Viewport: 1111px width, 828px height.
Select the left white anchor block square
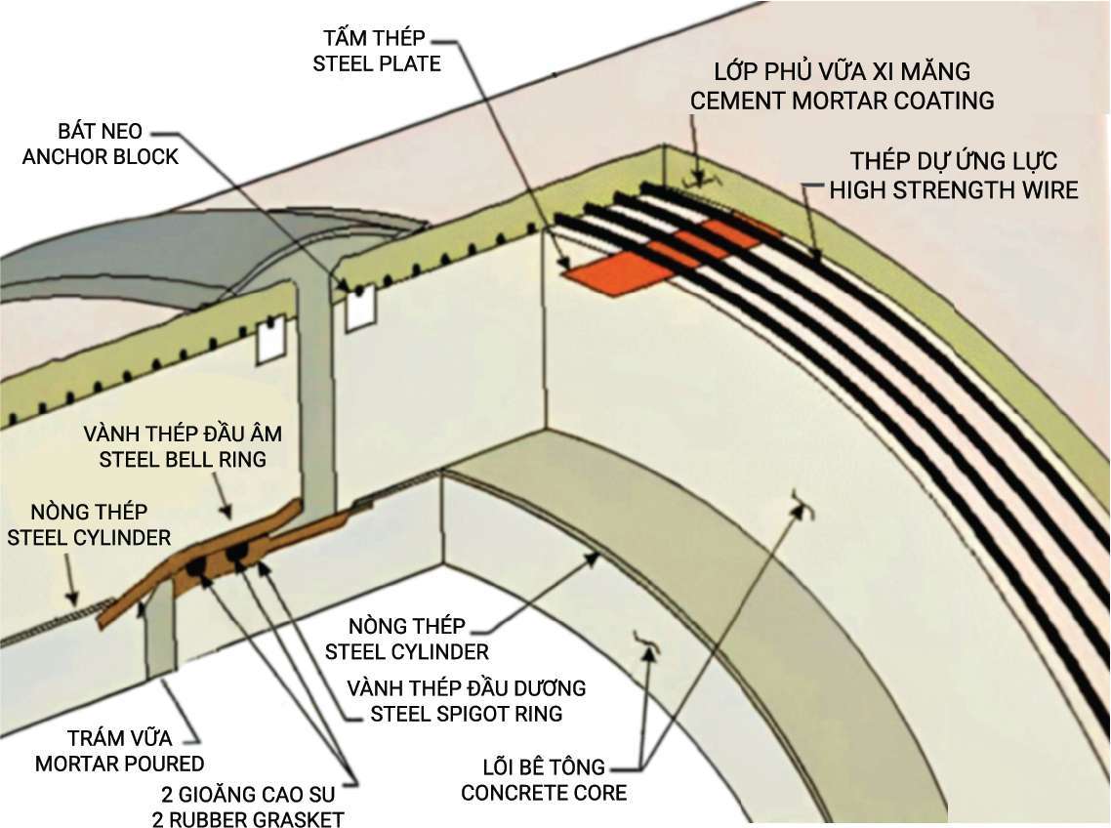pyautogui.click(x=268, y=338)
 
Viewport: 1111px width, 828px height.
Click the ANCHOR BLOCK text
pyautogui.click(x=101, y=156)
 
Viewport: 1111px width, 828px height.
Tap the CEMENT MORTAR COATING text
pyautogui.click(x=843, y=100)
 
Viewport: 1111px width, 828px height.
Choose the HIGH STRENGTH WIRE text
pyautogui.click(x=953, y=188)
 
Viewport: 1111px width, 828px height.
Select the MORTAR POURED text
pyautogui.click(x=119, y=763)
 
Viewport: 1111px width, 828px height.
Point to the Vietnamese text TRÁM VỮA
pyautogui.click(x=120, y=738)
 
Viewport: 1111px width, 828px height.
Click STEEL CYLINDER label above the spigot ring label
pyautogui.click(x=406, y=650)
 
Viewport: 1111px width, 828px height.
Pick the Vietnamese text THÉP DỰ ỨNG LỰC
pyautogui.click(x=953, y=162)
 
